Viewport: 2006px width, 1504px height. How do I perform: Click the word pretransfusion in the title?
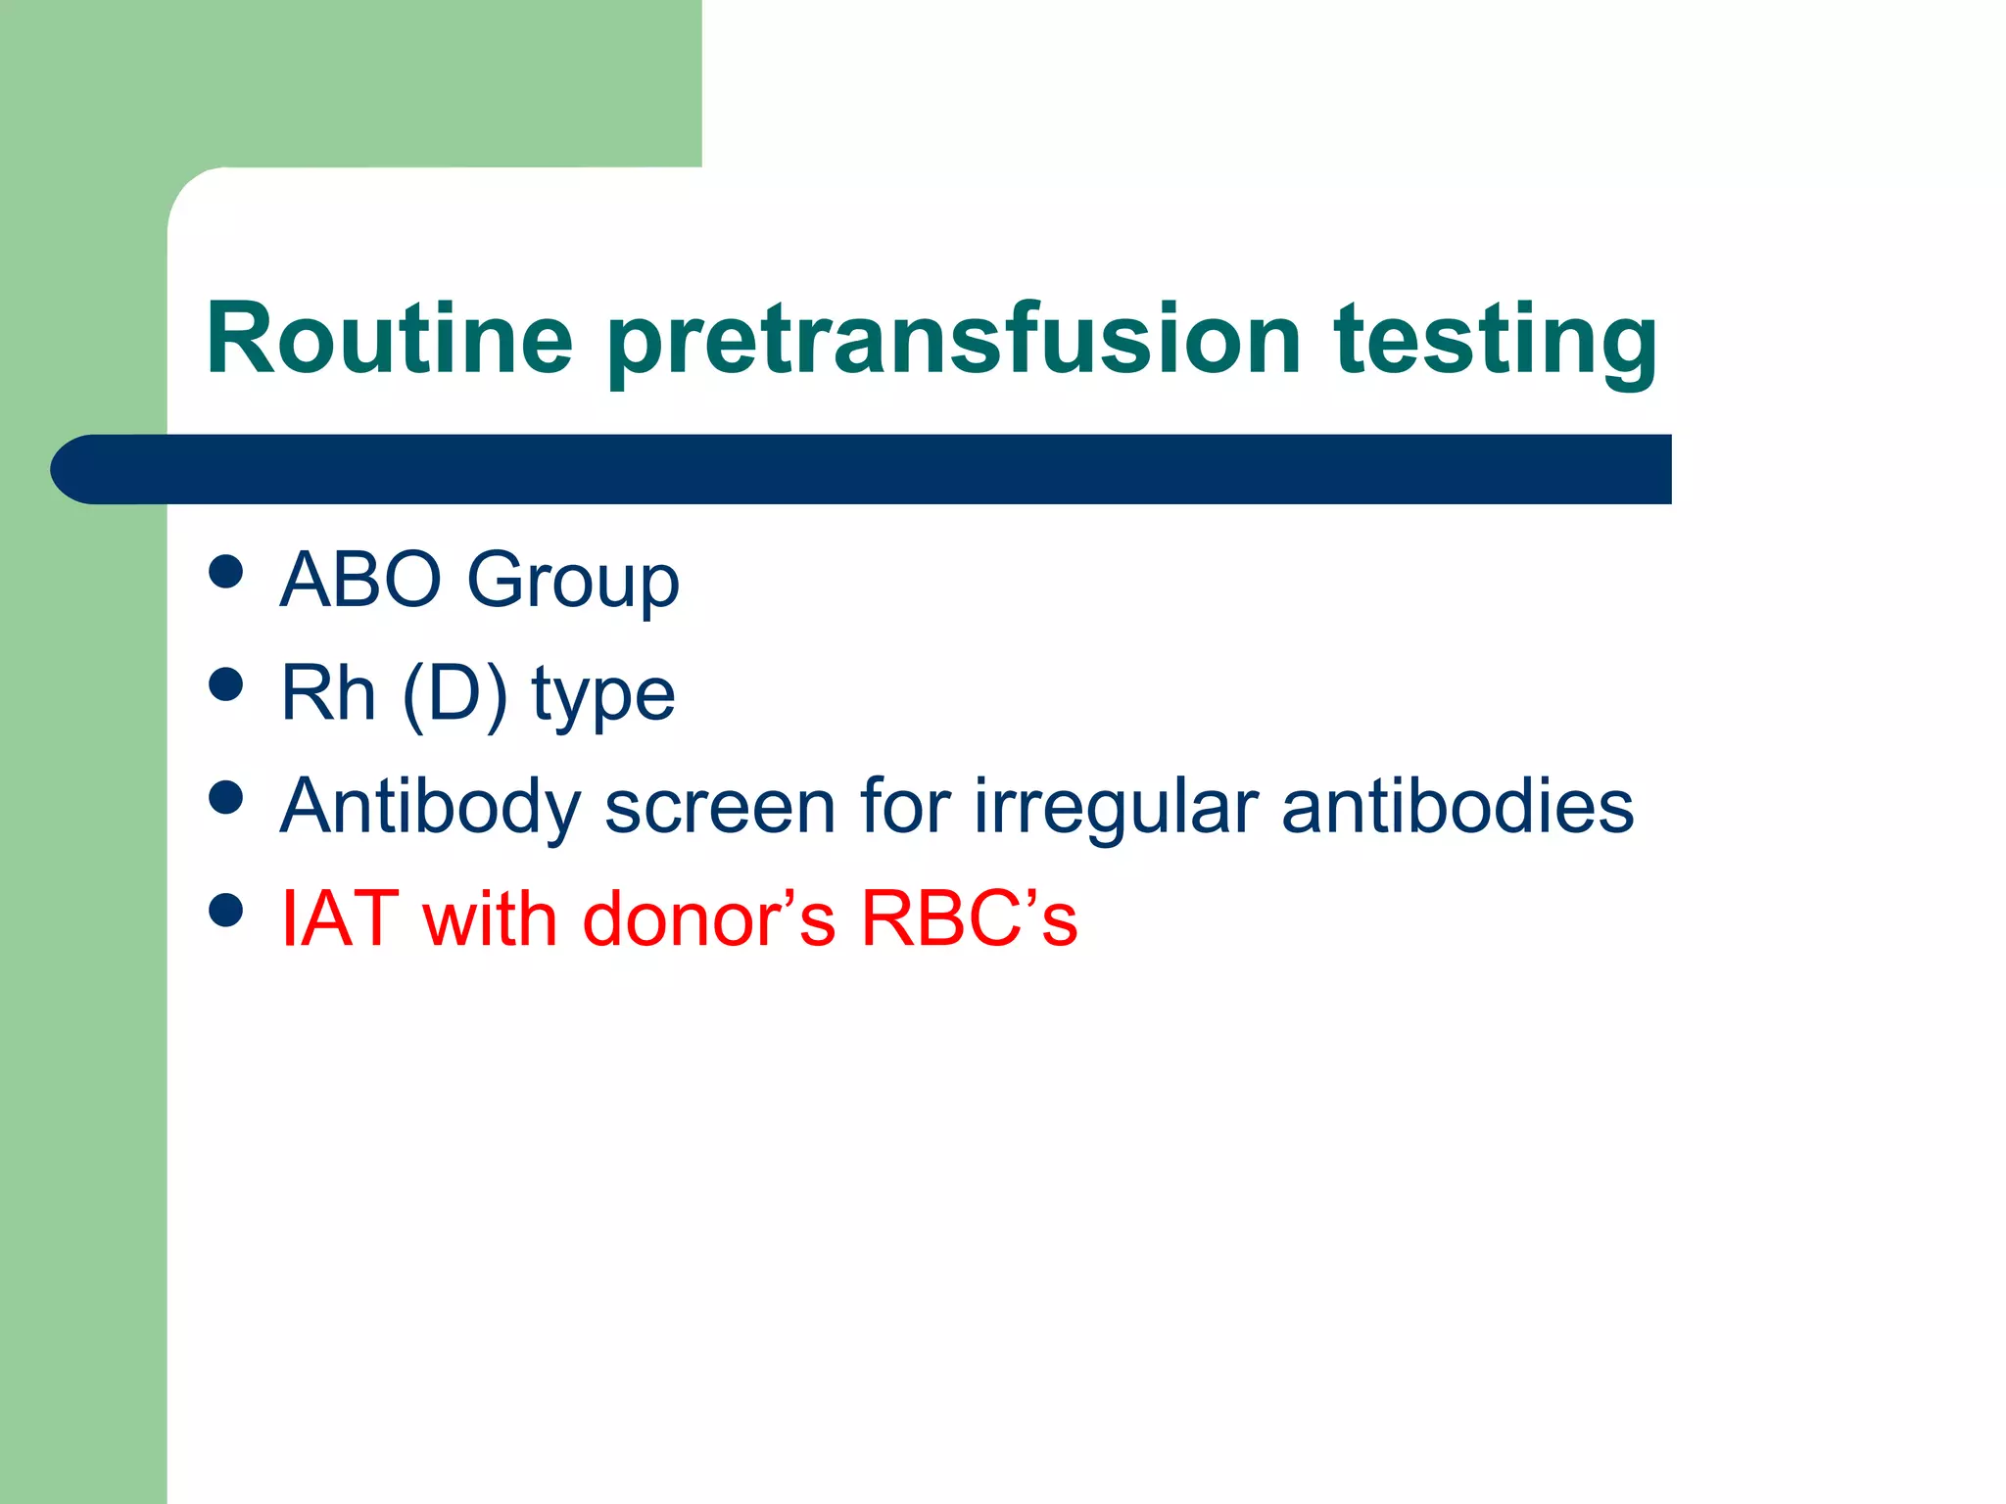pos(954,340)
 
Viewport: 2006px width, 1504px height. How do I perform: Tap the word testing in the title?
pos(1496,340)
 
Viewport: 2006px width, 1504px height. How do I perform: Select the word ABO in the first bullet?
pos(360,580)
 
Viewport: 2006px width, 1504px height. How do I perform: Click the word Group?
pos(573,582)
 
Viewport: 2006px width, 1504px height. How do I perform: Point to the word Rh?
pos(328,692)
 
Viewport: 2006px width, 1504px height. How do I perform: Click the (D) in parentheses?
pos(454,694)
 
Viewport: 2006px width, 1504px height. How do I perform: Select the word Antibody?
pos(431,807)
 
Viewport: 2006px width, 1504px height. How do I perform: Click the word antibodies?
pos(1457,807)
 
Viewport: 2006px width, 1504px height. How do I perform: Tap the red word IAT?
pos(339,918)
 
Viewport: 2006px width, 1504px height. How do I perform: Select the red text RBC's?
pos(969,918)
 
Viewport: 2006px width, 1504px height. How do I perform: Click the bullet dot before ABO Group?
pos(226,572)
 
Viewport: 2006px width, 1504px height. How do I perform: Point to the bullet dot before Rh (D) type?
pos(226,684)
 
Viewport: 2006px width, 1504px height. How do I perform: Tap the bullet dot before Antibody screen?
pos(226,797)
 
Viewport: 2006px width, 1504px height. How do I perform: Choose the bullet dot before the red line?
pos(226,910)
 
